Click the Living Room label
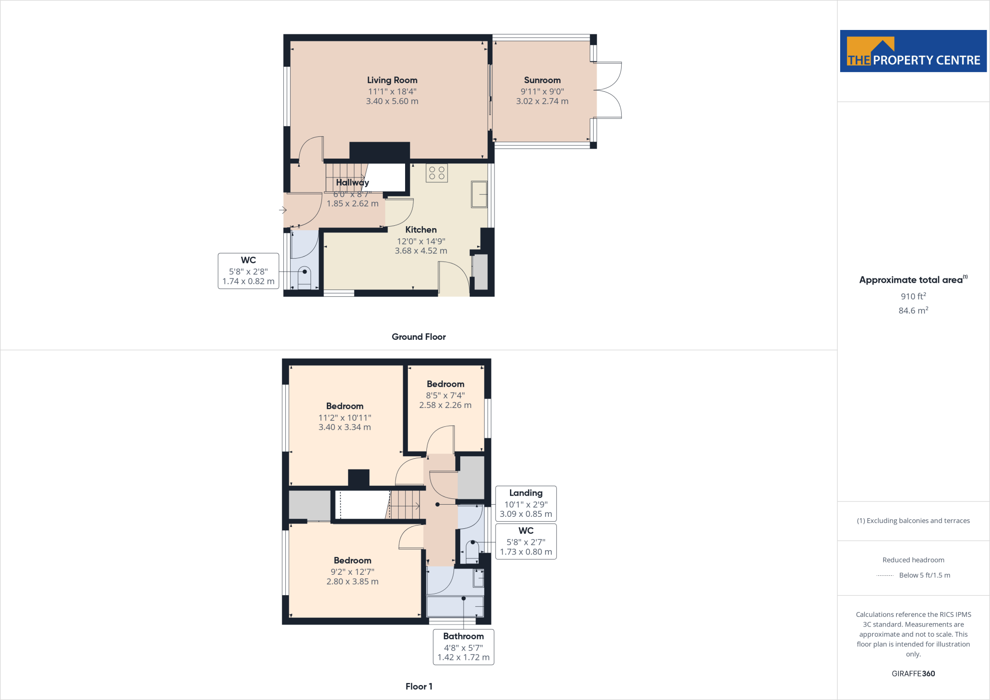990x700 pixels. [x=392, y=80]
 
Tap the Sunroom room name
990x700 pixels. [x=542, y=80]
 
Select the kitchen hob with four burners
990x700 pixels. [x=437, y=173]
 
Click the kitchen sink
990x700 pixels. [x=479, y=194]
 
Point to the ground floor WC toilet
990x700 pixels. [x=304, y=277]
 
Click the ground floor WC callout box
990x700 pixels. [x=248, y=271]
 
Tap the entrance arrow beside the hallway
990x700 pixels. [x=283, y=210]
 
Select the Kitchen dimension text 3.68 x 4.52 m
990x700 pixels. [x=421, y=251]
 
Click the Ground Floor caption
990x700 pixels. [x=419, y=337]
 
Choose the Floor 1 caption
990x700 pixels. [x=419, y=686]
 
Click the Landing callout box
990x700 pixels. [x=526, y=503]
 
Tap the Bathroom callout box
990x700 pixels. [x=463, y=647]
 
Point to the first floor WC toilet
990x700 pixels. [x=472, y=550]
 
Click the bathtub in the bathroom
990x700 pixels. [x=455, y=606]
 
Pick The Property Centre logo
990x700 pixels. [x=913, y=51]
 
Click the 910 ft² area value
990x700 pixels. [x=913, y=296]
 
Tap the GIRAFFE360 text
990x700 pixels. [x=913, y=673]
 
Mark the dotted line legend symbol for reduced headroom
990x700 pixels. [x=885, y=575]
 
